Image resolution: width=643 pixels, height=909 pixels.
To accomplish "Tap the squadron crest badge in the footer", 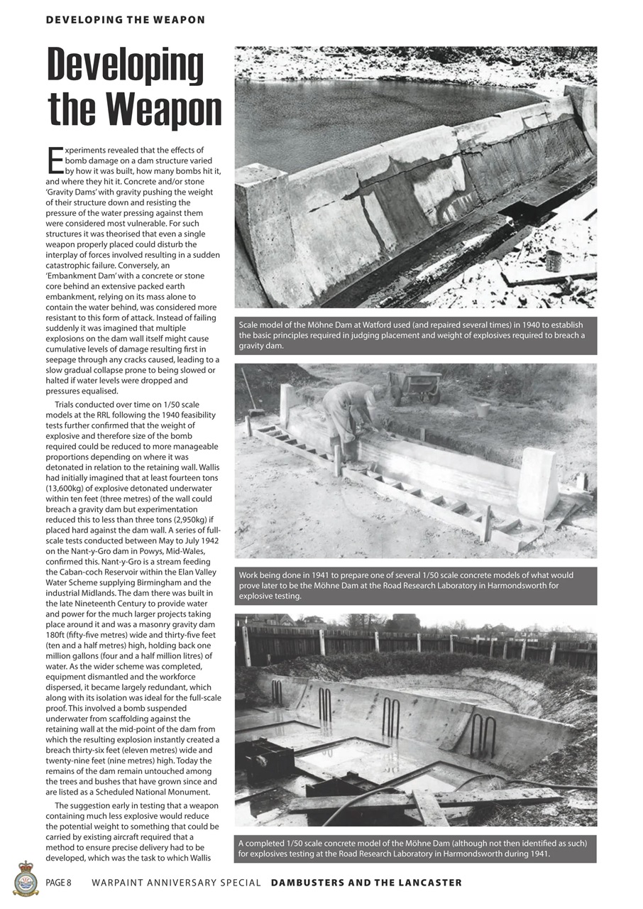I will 26,878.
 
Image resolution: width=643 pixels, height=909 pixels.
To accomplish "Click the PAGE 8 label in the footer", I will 59,883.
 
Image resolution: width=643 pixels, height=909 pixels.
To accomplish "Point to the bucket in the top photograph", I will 554,261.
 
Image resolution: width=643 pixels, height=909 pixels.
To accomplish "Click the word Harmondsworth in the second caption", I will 508,586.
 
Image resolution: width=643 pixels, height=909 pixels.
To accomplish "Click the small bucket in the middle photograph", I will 483,410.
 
